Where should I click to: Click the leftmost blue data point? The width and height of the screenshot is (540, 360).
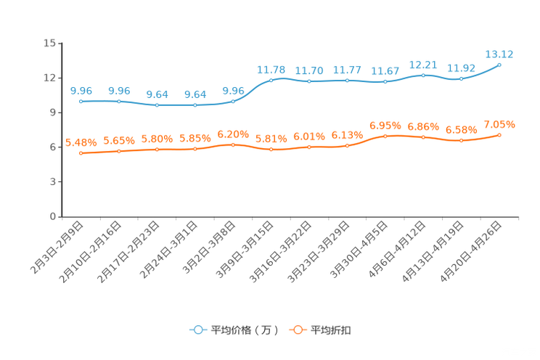tap(81, 102)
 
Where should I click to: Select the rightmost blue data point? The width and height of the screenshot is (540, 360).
tap(499, 65)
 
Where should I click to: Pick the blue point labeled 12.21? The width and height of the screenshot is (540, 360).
tap(423, 74)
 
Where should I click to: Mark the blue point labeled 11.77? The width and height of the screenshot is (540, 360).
tap(347, 80)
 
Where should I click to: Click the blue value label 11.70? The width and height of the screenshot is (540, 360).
tap(309, 70)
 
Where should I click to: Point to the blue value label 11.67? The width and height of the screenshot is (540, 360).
tap(385, 70)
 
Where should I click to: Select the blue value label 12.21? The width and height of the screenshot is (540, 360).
tap(423, 64)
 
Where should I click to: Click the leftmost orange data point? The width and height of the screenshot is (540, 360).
tap(81, 153)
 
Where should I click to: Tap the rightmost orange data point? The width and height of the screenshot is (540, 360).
tap(499, 135)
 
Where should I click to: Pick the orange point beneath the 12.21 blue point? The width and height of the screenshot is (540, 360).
tap(423, 136)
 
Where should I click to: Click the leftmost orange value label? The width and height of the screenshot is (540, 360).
tap(81, 142)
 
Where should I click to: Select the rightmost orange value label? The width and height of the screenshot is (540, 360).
tap(499, 124)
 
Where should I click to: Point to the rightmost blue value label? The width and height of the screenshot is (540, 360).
tap(499, 54)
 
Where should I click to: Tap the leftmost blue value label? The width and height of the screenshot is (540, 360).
tap(81, 91)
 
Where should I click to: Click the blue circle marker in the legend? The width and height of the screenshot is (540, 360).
tap(197, 330)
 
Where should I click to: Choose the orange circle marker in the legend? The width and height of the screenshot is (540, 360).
tap(297, 330)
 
